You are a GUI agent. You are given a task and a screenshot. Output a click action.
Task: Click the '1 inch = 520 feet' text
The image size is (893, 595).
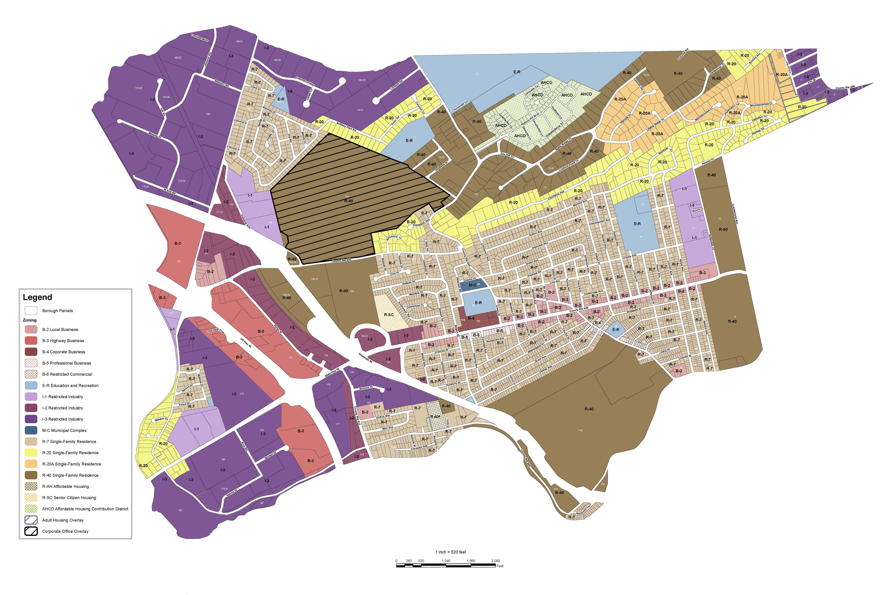click(450, 552)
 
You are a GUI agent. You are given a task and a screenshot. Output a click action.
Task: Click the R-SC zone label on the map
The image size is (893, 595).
click(388, 315)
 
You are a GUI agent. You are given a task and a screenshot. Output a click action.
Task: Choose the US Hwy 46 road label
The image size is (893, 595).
click(246, 343)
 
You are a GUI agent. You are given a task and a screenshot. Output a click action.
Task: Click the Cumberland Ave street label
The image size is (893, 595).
click(735, 214)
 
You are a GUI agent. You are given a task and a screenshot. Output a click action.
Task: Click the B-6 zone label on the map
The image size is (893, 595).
click(598, 323)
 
